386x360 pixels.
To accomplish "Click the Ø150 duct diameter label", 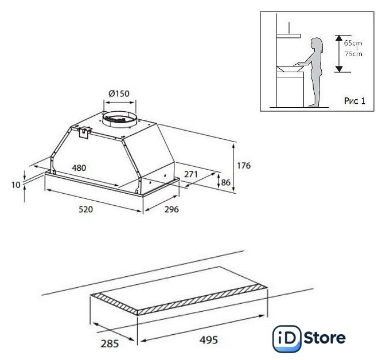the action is (119, 93).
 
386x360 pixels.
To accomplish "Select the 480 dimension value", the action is (79, 168).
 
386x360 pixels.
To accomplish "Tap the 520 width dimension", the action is (85, 209).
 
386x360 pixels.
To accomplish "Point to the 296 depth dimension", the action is (171, 209).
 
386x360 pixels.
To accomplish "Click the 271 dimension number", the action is (191, 174).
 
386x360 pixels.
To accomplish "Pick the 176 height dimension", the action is (244, 166).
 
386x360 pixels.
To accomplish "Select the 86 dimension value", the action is (226, 182).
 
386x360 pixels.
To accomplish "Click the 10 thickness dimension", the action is (16, 185).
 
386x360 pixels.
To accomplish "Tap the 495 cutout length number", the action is (209, 340).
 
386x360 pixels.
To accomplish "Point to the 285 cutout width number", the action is (110, 343).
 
